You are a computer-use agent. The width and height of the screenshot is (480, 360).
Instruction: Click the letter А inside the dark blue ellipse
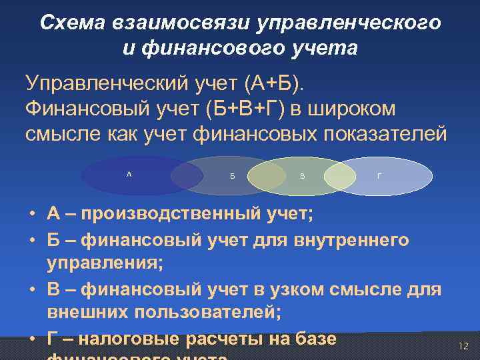click(129, 174)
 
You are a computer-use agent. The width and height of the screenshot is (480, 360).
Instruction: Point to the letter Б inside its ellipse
click(232, 177)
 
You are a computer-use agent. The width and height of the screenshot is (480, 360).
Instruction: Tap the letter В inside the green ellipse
click(303, 177)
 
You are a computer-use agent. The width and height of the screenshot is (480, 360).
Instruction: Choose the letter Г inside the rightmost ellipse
click(379, 177)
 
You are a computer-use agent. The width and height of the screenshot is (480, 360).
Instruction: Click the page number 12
click(463, 346)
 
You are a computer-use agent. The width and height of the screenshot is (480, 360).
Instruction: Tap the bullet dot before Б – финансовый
click(32, 240)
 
